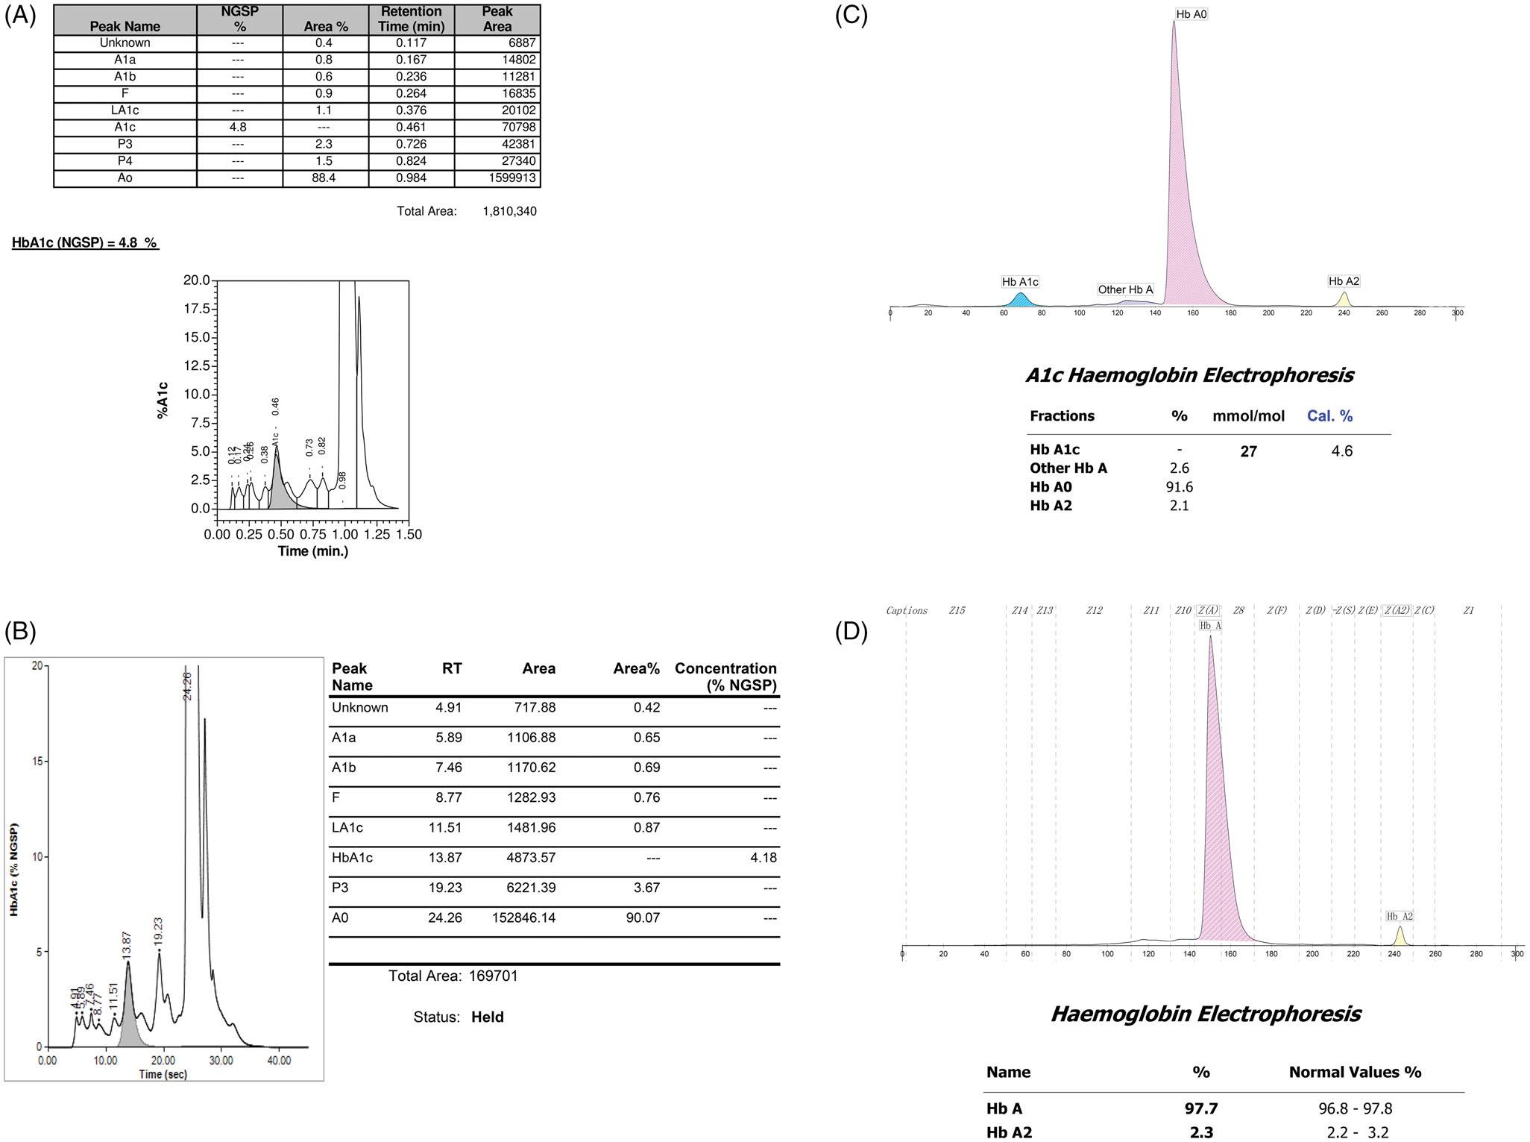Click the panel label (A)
click(20, 16)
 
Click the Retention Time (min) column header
click(411, 19)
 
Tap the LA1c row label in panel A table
click(125, 110)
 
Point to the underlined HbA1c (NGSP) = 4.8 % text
click(85, 242)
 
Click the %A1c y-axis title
click(163, 401)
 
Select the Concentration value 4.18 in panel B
click(764, 858)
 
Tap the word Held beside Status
click(487, 1017)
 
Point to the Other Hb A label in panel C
click(1125, 289)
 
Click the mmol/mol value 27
click(1248, 451)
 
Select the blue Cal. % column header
click(1329, 416)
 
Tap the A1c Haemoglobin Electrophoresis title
click(1189, 374)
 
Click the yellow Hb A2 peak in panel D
click(1400, 937)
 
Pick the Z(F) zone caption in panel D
click(1276, 610)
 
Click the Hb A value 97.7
click(1201, 1108)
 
